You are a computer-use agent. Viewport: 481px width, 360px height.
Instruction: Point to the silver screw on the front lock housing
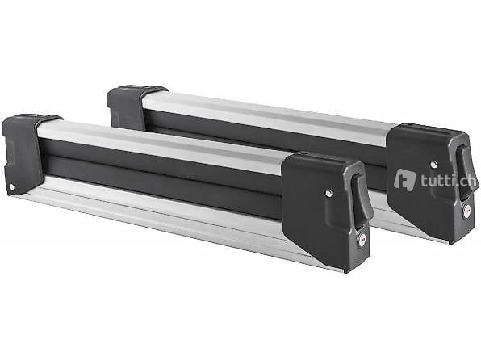[328, 193]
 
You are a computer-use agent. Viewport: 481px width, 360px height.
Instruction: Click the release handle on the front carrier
[361, 198]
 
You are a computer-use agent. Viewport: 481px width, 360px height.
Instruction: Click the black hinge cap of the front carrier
[23, 153]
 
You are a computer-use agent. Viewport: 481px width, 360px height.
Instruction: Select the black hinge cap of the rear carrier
[127, 106]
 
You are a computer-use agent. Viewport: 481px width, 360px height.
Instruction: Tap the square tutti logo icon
[405, 180]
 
